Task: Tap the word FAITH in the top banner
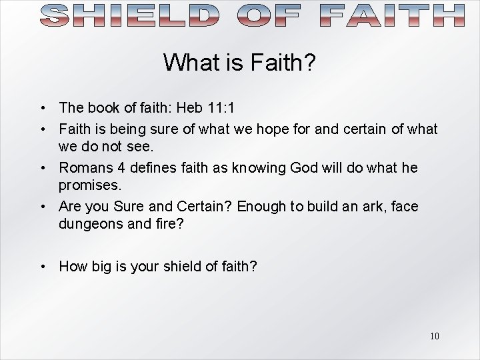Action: pyautogui.click(x=393, y=15)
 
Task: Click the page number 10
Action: pyautogui.click(x=434, y=335)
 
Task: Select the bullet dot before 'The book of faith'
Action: pyautogui.click(x=42, y=108)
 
